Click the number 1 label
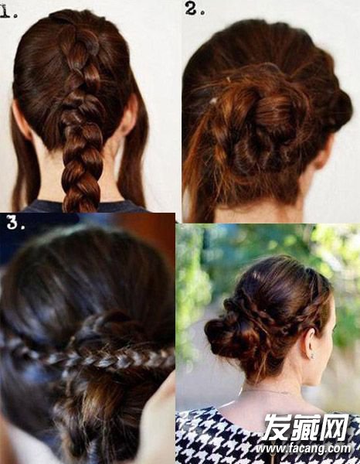tap(8, 12)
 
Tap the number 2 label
tap(195, 9)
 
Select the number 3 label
tap(15, 223)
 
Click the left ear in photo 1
tap(22, 120)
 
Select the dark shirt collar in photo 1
tap(86, 206)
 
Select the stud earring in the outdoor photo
tap(312, 357)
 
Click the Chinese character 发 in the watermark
tap(277, 428)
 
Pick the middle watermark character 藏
tap(306, 428)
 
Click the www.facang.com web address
tap(304, 449)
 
